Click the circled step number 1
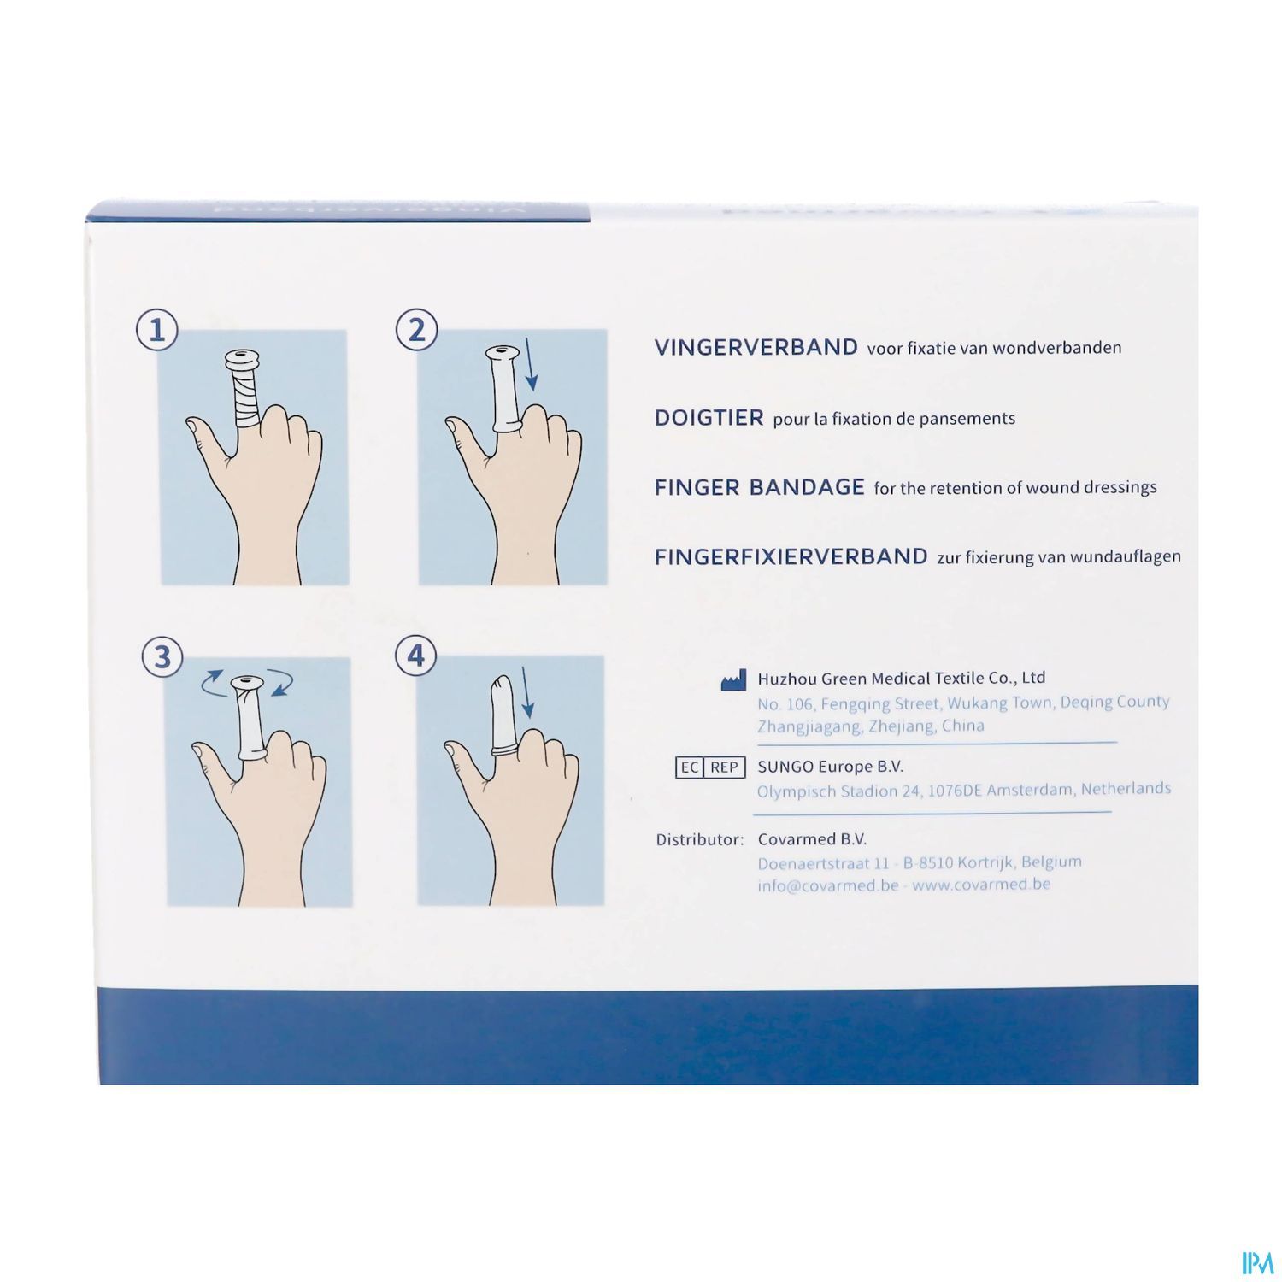coord(157,331)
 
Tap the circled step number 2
coord(417,330)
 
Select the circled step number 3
coord(162,658)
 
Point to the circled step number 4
coord(416,656)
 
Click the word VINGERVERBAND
coord(756,347)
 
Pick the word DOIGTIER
coord(709,418)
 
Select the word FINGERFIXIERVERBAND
coord(791,557)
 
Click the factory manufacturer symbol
coord(733,681)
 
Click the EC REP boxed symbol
coord(710,767)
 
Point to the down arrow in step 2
coord(531,363)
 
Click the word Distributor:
coord(700,839)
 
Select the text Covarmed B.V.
coord(812,839)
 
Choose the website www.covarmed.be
coord(981,885)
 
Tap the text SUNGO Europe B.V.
coord(830,767)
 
